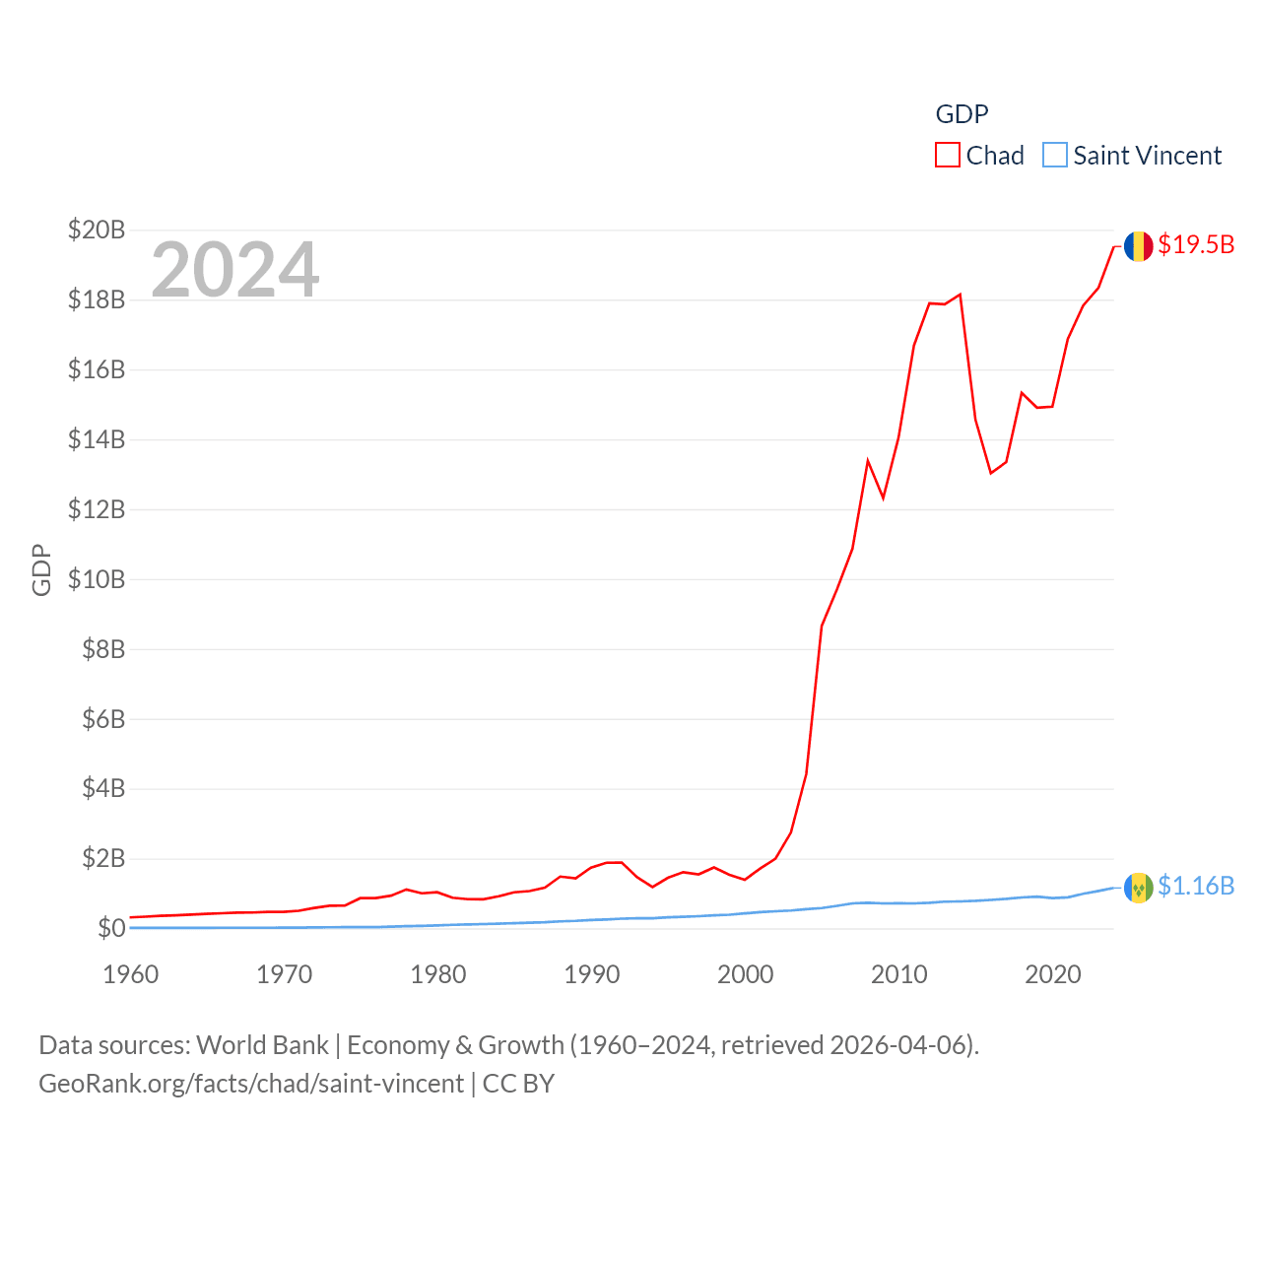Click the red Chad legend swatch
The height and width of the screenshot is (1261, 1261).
tap(947, 156)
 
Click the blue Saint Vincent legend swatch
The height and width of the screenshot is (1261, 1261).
tap(1055, 156)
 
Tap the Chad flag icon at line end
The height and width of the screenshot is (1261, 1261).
tap(1138, 246)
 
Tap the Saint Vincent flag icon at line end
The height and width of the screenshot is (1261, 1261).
tap(1138, 888)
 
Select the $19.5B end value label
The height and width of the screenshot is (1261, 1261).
tap(1196, 244)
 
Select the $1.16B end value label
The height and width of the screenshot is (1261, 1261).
tap(1196, 886)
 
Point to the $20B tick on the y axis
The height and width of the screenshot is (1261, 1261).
tap(97, 230)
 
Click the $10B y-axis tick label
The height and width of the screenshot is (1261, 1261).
tap(97, 579)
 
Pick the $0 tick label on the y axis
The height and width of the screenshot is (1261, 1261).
tap(111, 928)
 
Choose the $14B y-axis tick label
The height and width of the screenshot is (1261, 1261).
tap(97, 439)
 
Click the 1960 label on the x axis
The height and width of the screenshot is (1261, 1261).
tap(130, 974)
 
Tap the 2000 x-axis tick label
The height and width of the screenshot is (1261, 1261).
tap(746, 974)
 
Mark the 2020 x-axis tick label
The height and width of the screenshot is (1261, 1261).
tap(1053, 974)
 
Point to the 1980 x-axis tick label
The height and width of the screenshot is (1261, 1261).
tap(438, 974)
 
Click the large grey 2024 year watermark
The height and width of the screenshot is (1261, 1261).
tap(235, 269)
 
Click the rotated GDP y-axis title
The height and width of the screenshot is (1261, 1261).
tap(41, 569)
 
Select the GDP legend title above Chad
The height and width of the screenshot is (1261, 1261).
tap(962, 114)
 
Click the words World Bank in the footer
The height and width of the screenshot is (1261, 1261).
tap(263, 1044)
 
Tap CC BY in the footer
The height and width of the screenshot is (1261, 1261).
tap(518, 1084)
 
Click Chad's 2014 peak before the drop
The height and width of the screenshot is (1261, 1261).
tap(960, 295)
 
